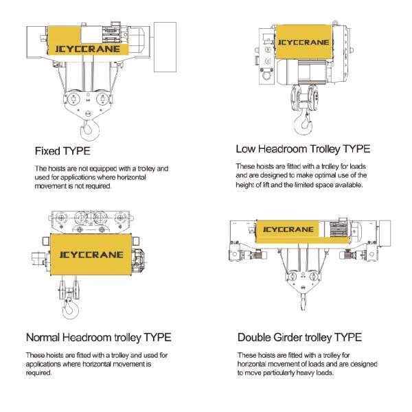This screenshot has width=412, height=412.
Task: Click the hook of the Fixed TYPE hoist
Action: tap(90, 130)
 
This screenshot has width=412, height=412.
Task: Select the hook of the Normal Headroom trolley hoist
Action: tap(70, 310)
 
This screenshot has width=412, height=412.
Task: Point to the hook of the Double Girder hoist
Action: tap(304, 301)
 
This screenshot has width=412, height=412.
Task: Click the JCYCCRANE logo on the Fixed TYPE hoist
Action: tap(87, 49)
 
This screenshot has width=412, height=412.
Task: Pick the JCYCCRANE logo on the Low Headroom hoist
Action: tap(304, 43)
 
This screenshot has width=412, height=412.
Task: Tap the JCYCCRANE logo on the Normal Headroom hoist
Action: tap(91, 255)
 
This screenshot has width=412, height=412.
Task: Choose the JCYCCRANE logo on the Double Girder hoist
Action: tap(288, 229)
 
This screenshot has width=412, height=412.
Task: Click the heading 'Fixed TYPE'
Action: tap(62, 151)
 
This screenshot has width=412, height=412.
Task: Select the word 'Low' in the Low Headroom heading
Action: tap(245, 149)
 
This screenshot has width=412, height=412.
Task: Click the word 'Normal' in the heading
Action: tap(43, 337)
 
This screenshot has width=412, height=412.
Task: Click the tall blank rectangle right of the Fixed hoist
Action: tap(165, 47)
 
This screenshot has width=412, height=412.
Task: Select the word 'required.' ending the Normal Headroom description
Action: tap(39, 373)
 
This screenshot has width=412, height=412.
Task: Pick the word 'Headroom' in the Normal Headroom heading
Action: tap(87, 337)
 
